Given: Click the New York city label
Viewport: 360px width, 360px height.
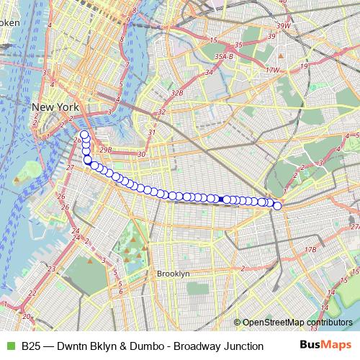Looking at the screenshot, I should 55,107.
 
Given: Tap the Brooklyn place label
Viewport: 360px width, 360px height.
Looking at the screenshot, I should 173,274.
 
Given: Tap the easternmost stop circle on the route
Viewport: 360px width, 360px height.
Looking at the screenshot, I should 278,207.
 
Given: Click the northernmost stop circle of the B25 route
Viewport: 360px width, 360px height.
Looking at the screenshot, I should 84,135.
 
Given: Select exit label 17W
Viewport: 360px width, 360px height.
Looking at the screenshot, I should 271,70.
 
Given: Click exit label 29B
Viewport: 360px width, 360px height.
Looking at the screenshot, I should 106,149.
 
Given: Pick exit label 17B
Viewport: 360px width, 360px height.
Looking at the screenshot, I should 310,249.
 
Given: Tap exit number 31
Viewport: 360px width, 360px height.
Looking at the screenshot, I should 151,132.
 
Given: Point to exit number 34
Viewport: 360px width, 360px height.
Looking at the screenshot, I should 209,72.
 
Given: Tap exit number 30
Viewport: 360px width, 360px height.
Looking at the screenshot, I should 141,153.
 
